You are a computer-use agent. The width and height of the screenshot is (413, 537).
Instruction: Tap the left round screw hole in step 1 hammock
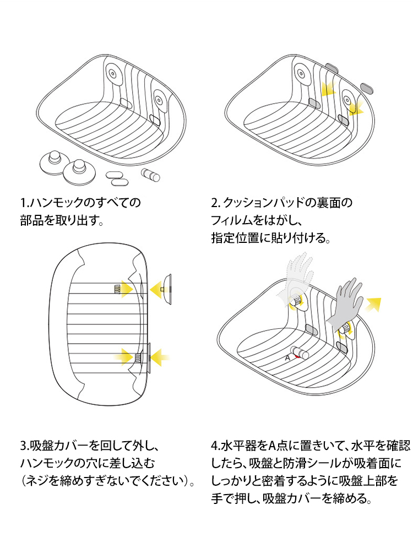[112, 74]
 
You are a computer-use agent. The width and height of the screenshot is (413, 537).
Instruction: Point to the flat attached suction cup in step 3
[148, 357]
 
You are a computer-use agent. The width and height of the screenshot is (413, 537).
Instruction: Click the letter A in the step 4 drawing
[287, 357]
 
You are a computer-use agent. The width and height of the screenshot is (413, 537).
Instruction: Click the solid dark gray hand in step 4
[344, 303]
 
